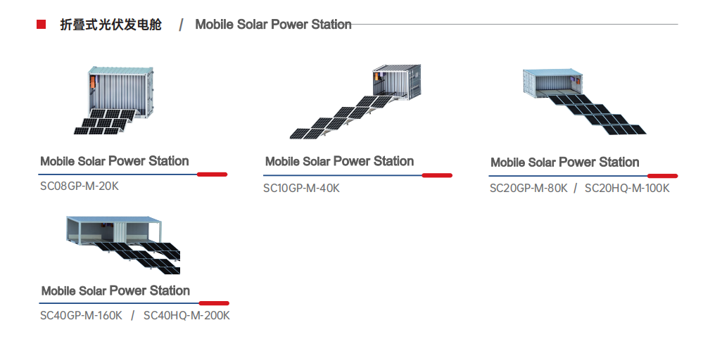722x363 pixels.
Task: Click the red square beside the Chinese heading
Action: (41, 25)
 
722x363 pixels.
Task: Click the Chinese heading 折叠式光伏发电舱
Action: (110, 25)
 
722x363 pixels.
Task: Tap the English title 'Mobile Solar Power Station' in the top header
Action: (273, 25)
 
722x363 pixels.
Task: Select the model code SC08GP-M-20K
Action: (80, 186)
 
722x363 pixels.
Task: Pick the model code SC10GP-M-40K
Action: (301, 188)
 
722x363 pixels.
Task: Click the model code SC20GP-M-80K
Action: (528, 188)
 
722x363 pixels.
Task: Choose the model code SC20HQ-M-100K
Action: (627, 188)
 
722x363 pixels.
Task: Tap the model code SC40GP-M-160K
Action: (81, 316)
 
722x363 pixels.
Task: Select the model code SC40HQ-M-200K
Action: (186, 316)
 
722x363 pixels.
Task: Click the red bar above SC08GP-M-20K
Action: (212, 174)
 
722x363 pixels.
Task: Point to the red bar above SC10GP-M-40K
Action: (437, 175)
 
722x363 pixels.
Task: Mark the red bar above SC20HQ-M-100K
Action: (663, 176)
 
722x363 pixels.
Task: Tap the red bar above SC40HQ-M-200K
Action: (214, 303)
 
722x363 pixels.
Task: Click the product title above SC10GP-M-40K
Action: (339, 162)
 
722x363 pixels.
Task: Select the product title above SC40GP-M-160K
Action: (115, 291)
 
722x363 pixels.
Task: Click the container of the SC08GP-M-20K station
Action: (120, 92)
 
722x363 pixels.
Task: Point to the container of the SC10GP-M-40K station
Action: (396, 82)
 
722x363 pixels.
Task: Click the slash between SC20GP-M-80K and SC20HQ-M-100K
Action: (576, 188)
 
